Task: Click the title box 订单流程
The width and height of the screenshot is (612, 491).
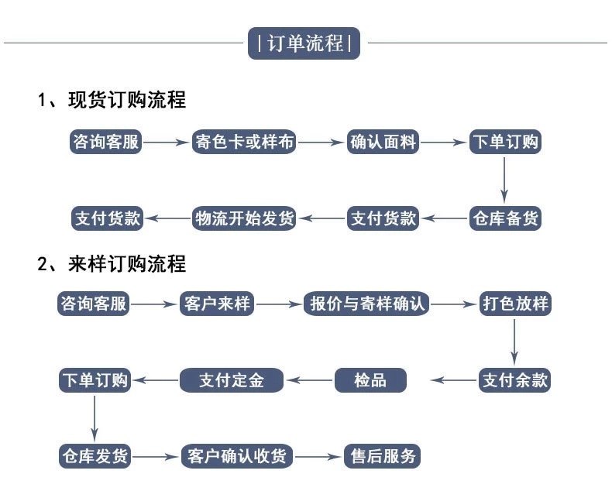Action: click(x=305, y=43)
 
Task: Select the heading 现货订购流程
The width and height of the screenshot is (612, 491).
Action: click(x=112, y=100)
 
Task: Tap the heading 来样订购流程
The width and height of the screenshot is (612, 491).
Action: click(x=112, y=263)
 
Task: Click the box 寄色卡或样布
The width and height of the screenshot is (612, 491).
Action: click(x=243, y=142)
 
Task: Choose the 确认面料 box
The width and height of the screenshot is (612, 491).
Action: click(x=383, y=142)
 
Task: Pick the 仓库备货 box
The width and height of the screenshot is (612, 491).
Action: click(x=505, y=218)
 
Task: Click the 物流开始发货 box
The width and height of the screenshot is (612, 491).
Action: click(x=243, y=218)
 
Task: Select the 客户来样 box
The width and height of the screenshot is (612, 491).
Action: click(x=216, y=304)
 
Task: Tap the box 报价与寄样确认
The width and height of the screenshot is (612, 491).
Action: click(x=367, y=304)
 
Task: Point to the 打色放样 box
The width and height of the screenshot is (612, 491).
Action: click(x=515, y=304)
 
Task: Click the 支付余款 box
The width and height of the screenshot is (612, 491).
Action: click(x=515, y=379)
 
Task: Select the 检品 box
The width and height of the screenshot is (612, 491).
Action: click(x=370, y=379)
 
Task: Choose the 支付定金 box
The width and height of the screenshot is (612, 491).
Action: click(x=232, y=379)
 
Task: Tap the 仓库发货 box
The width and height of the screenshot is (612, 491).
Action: click(x=95, y=455)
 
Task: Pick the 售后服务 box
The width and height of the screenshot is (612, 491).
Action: click(x=381, y=455)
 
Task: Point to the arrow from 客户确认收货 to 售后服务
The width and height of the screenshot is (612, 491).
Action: click(x=318, y=456)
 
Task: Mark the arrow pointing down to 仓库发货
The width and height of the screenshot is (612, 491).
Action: click(x=95, y=418)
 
